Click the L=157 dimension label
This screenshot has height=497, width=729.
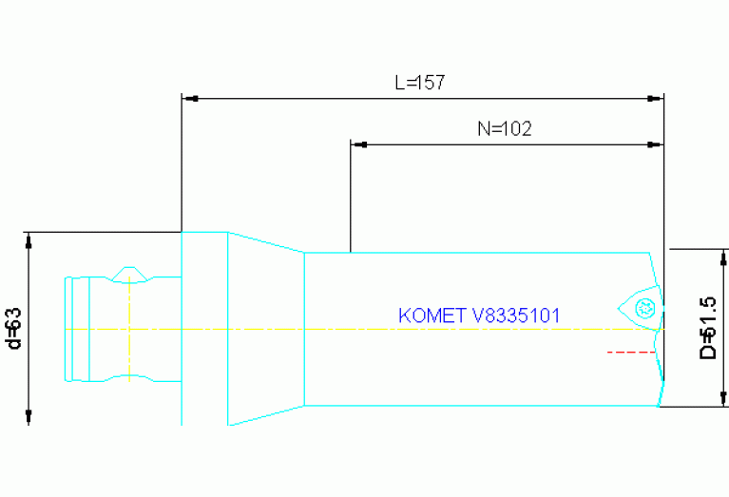click(x=420, y=83)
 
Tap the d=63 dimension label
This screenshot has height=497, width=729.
click(x=13, y=328)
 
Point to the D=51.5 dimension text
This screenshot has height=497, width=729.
click(x=708, y=328)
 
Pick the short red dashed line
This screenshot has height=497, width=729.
click(x=631, y=352)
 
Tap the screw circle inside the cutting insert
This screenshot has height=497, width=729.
click(x=645, y=306)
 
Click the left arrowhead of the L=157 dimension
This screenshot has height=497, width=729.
click(x=188, y=98)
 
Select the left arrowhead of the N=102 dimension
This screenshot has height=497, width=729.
click(x=358, y=144)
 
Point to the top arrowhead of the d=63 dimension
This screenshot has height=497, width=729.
click(x=29, y=239)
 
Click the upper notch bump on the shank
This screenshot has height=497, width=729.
click(x=128, y=274)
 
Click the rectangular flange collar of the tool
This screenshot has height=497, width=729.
click(x=203, y=328)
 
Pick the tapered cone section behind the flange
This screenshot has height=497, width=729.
click(x=265, y=328)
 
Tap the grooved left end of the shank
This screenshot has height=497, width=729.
click(x=76, y=328)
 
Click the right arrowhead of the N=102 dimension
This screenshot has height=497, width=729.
click(x=655, y=144)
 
